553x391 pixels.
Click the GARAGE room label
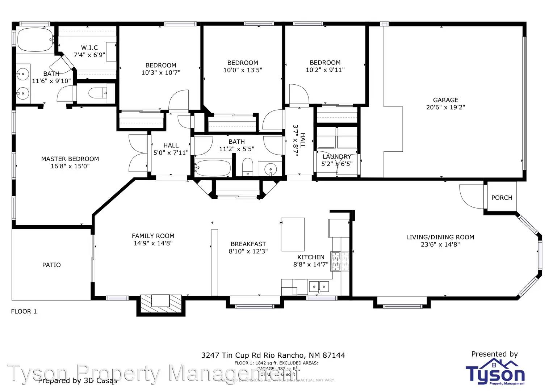coord(445,100)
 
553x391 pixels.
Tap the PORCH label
coord(502,198)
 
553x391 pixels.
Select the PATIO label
coord(51,265)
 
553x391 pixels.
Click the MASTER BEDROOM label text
coord(70,159)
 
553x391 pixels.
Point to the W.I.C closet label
coord(89,48)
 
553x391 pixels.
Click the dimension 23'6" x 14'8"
coord(440,245)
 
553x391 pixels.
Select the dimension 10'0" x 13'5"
coord(243,70)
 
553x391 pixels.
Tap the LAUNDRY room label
coord(337,157)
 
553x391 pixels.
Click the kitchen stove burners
coord(340,261)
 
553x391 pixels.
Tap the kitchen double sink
coord(319,287)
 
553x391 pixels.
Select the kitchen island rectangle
coord(293,234)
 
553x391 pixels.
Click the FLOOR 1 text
coord(24,311)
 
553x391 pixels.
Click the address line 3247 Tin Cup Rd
coord(273,356)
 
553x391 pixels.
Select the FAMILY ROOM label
coord(153,236)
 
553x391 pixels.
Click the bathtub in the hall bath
coord(213,168)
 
